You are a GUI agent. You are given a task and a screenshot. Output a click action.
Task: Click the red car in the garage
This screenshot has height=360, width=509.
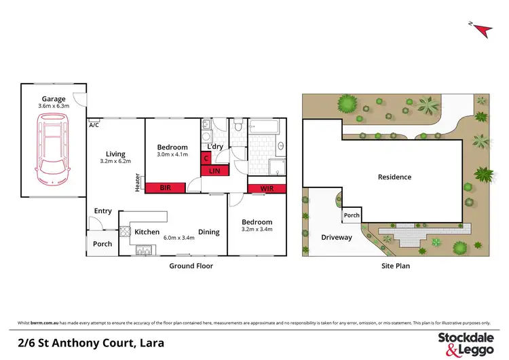point(52,149)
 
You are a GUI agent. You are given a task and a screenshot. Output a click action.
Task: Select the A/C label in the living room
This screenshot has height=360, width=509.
point(94,125)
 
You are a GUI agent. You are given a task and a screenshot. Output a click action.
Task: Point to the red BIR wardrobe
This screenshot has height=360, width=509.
point(164,187)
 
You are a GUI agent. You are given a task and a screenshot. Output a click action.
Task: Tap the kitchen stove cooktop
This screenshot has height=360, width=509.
point(126,232)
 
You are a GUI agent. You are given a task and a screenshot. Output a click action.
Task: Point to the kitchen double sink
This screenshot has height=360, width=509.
point(145,249)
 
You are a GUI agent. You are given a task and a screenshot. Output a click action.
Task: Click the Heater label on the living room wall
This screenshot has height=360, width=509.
point(137,182)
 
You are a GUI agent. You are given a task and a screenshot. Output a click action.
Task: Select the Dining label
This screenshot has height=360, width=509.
point(208,232)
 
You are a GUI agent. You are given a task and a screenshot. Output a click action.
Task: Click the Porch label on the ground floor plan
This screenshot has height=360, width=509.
point(102,245)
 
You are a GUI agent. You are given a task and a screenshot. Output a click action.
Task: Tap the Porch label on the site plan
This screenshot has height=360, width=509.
point(352,215)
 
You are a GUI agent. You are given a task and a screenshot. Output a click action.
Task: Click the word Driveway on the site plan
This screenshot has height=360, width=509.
point(337,238)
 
